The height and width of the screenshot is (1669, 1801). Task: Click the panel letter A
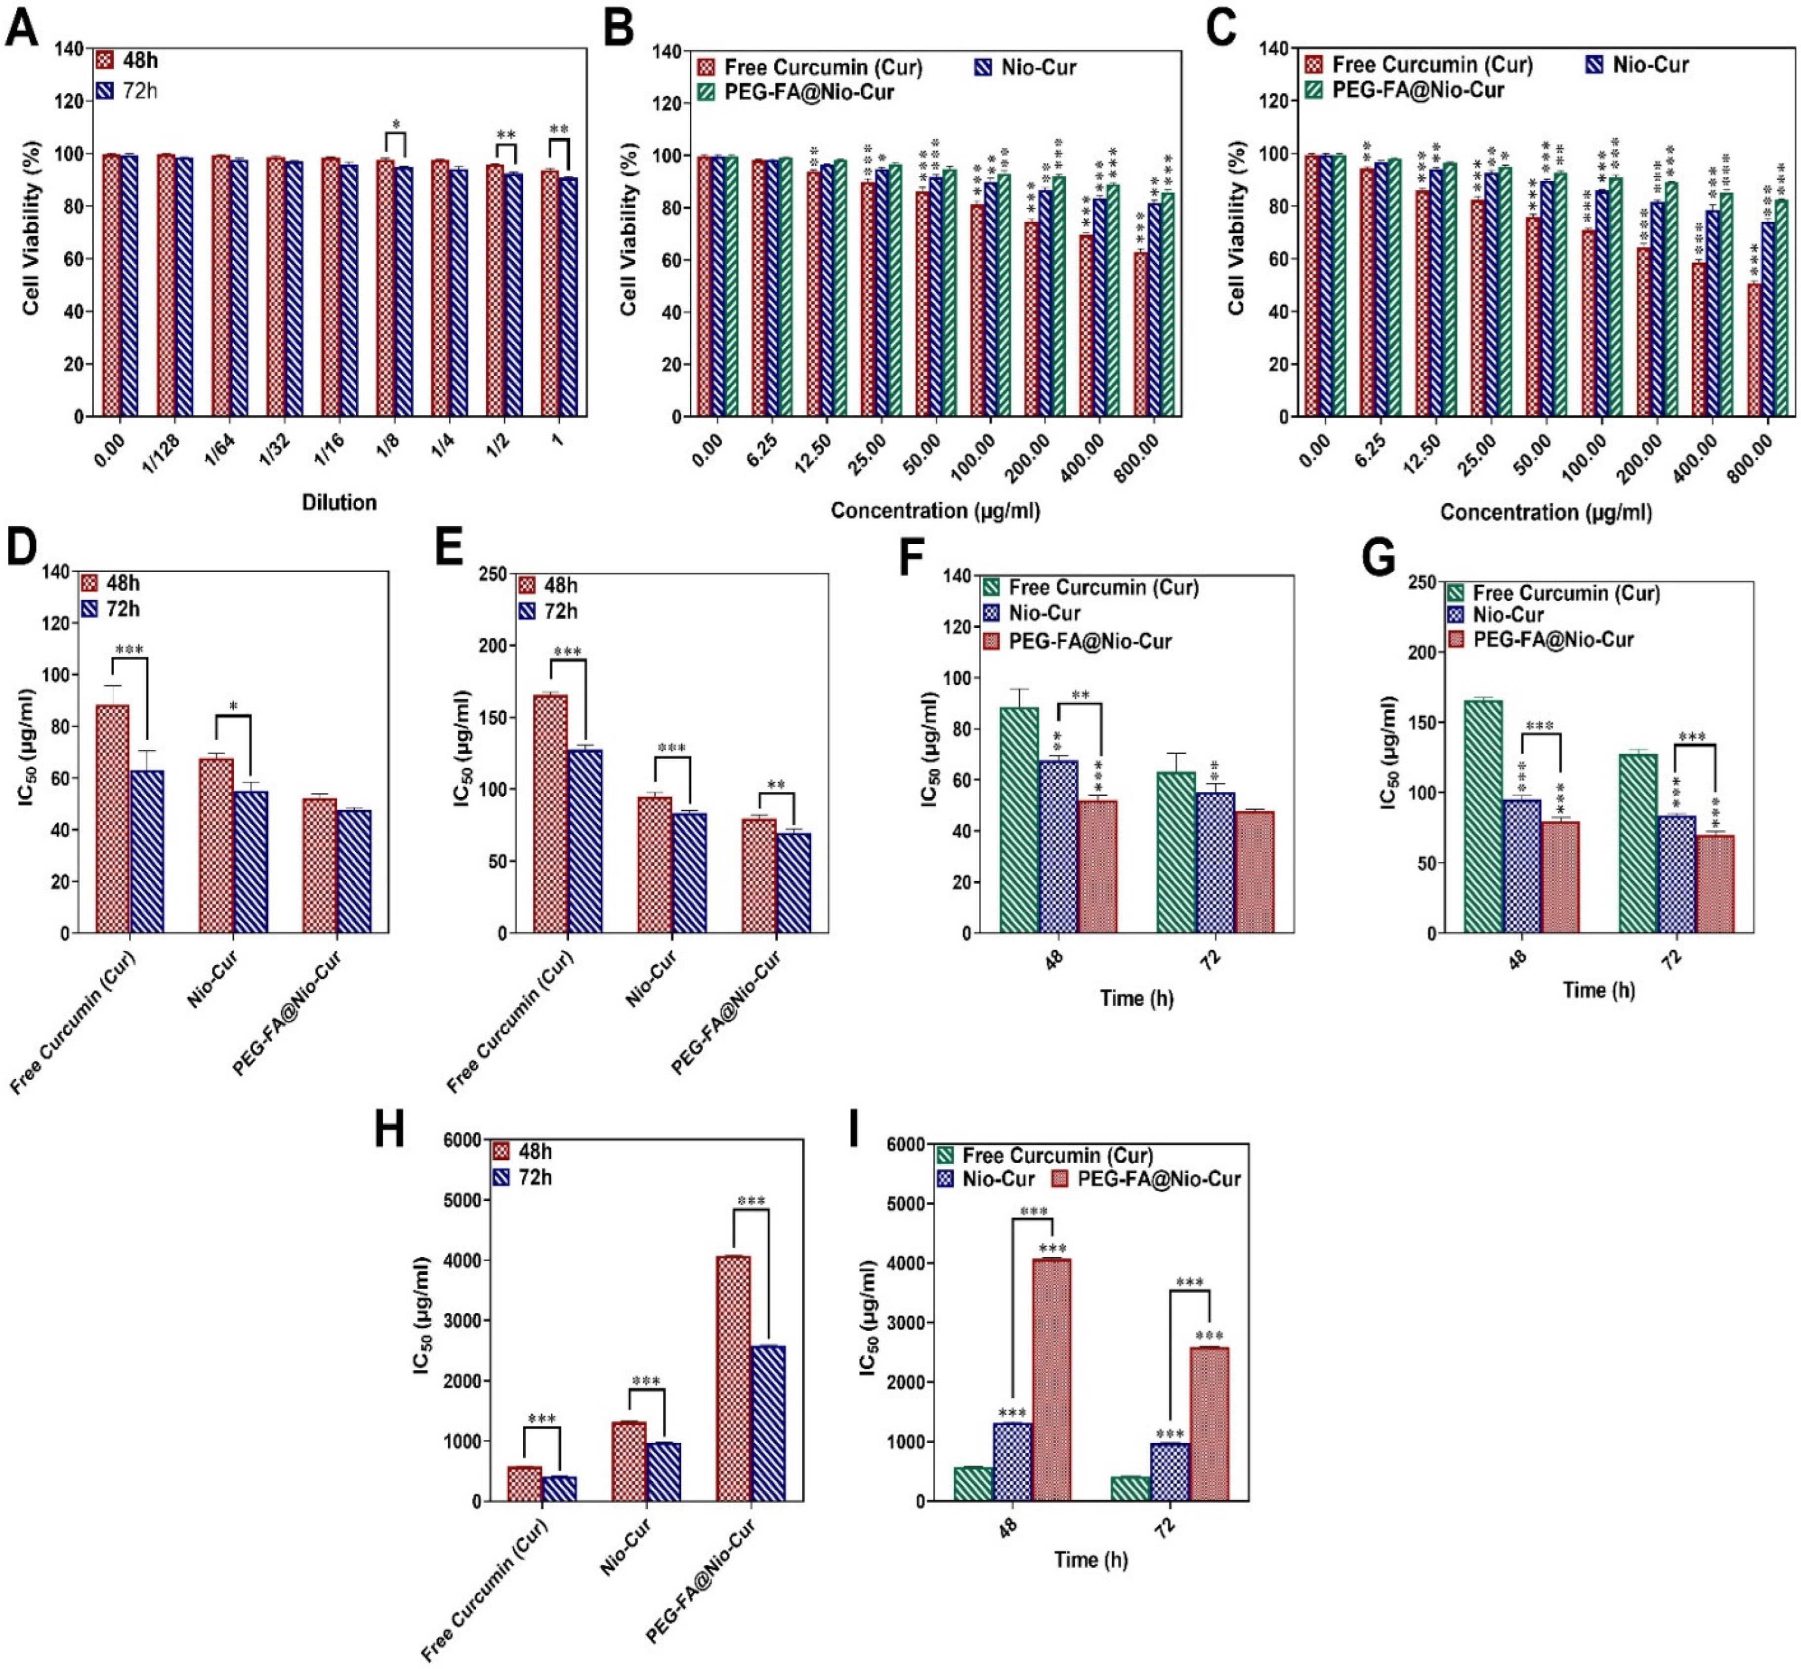pos(22,27)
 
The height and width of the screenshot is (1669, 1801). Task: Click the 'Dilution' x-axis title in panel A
pos(338,503)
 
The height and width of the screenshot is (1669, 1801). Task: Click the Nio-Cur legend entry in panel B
pos(1025,67)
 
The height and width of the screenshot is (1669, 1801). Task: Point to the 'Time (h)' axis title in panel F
pos(1136,998)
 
